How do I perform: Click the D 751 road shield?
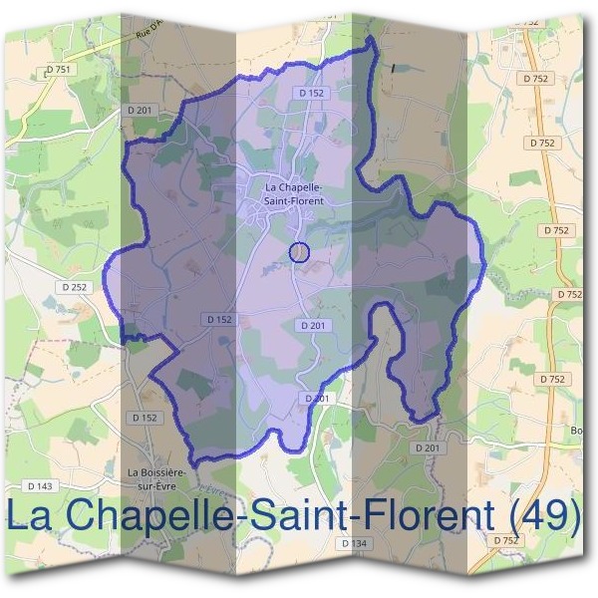point(59,70)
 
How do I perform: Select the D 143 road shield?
point(39,485)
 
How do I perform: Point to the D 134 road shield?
point(353,543)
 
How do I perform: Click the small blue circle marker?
point(300,252)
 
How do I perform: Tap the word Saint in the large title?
point(310,516)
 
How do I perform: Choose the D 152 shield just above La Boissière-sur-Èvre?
point(145,418)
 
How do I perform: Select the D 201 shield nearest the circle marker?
point(312,326)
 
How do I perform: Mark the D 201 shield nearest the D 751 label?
point(140,109)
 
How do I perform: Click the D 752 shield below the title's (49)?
point(505,540)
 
